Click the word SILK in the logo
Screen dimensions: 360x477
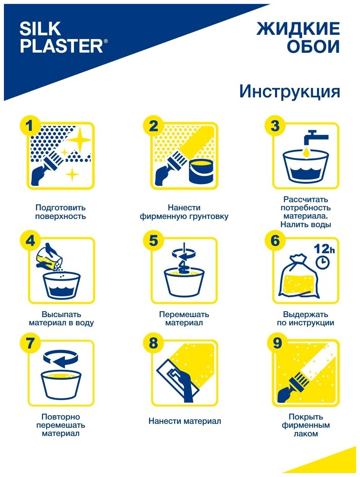[40, 29]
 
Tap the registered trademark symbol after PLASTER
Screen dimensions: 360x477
[105, 41]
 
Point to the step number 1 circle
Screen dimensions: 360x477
[30, 126]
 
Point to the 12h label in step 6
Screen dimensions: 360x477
[324, 249]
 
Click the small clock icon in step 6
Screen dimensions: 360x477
[322, 263]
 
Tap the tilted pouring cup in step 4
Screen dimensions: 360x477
[48, 258]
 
